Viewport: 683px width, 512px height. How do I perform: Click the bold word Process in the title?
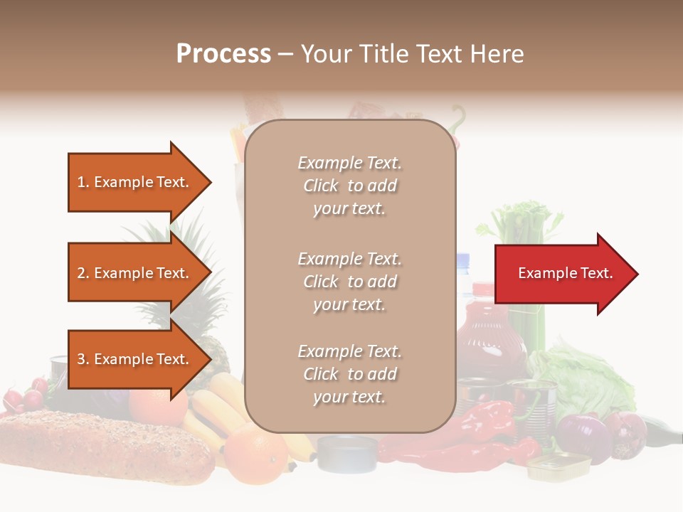point(223,54)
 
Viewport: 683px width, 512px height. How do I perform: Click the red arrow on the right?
point(562,274)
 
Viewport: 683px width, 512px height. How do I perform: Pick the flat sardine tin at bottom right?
point(559,466)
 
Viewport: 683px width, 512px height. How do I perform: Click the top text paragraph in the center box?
point(349,186)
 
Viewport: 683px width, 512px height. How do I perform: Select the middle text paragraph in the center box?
point(349,282)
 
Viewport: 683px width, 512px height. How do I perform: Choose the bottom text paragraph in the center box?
point(349,374)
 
